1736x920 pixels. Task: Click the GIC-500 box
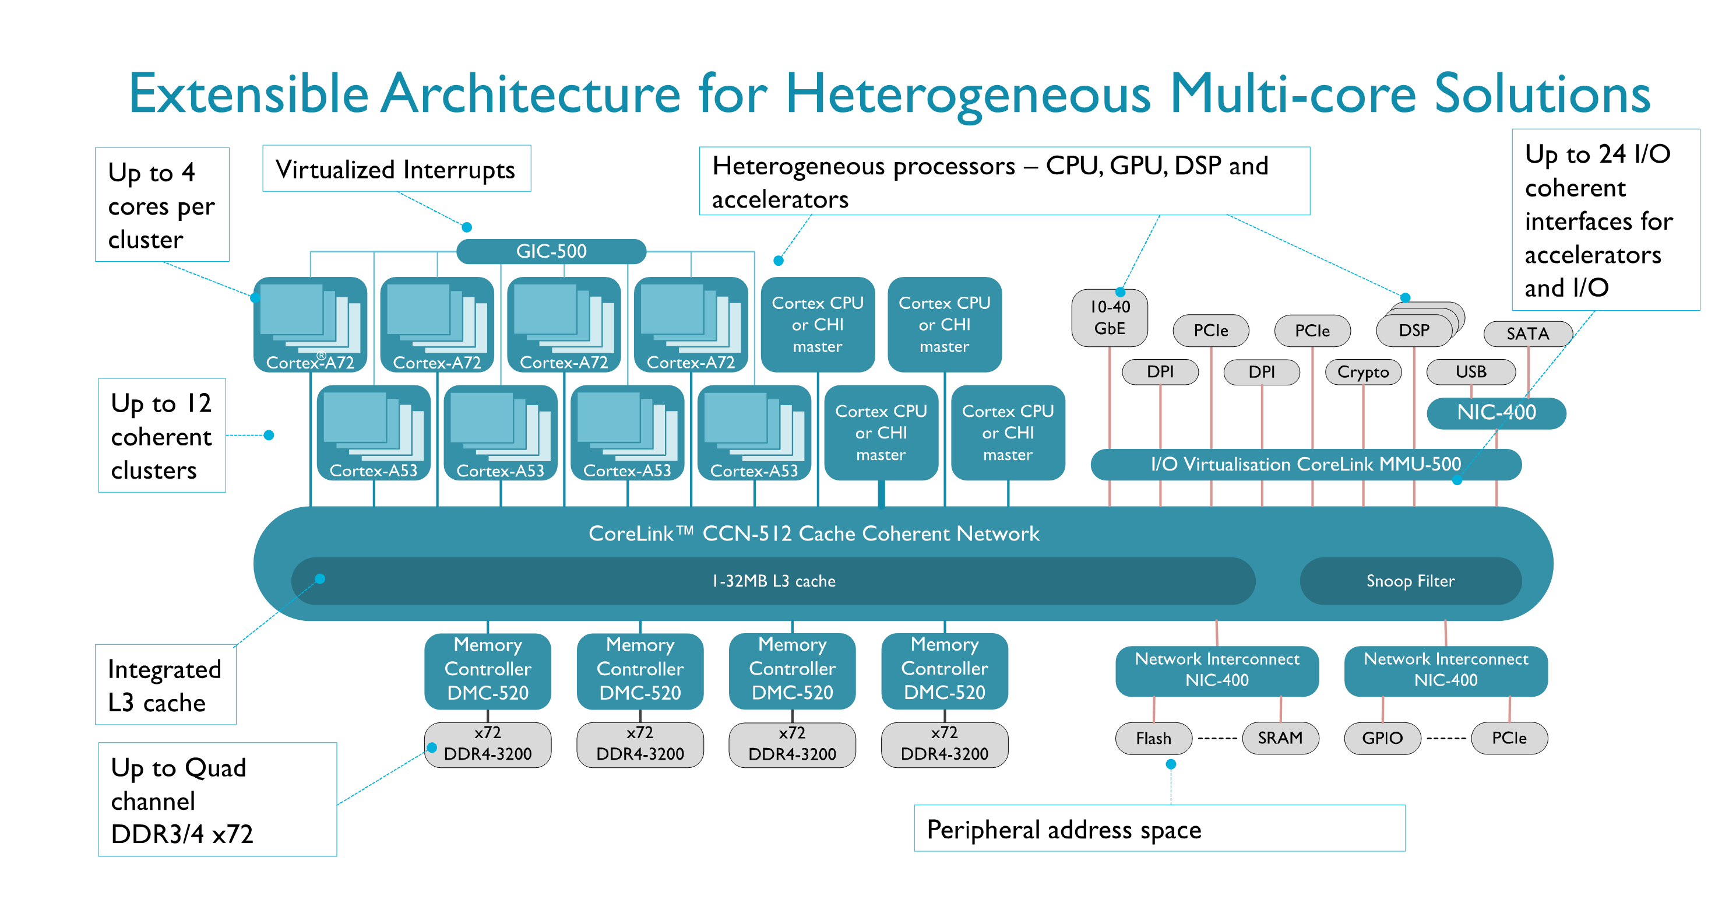(x=551, y=251)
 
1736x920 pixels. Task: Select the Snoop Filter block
(x=1410, y=581)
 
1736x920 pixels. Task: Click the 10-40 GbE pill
(x=1110, y=317)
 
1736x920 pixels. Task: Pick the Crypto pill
(x=1362, y=372)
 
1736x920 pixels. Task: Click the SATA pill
(x=1527, y=333)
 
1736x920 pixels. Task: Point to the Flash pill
(x=1153, y=738)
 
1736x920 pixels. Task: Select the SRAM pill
(x=1280, y=738)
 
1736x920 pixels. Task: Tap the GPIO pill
(x=1382, y=738)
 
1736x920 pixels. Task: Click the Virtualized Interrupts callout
(x=396, y=169)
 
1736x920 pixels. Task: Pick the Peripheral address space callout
(x=1158, y=829)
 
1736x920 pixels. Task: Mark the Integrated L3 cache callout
(x=165, y=685)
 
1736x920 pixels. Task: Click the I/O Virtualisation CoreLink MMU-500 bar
(x=1305, y=465)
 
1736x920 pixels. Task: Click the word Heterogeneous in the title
(x=969, y=94)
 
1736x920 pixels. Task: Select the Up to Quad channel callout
(x=216, y=800)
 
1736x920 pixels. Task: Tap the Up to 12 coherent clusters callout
(x=162, y=436)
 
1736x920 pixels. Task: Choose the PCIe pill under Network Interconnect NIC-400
(x=1509, y=738)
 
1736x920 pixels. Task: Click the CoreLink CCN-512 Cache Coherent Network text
(x=814, y=534)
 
